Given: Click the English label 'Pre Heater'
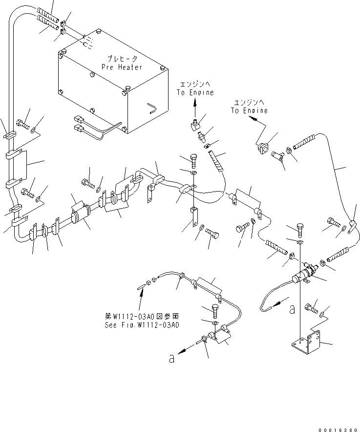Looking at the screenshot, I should [x=122, y=66].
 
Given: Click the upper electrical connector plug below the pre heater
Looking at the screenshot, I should [x=80, y=119].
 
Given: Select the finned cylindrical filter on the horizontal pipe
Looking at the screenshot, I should [x=83, y=215].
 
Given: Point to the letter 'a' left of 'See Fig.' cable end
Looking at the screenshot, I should [x=171, y=358].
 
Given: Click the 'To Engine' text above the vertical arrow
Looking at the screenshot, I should [x=195, y=92].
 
